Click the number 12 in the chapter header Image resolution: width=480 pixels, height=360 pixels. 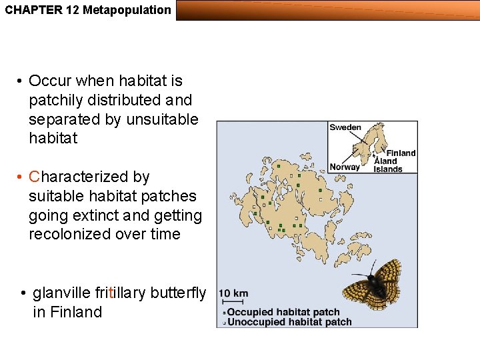click(x=73, y=10)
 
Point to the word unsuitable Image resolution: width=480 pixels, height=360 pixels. click(x=162, y=119)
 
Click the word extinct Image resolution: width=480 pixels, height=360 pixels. click(x=104, y=215)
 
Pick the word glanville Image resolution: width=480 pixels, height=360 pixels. click(x=61, y=293)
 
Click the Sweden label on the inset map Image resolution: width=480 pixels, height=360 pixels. click(x=345, y=127)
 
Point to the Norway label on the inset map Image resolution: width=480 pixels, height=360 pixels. click(x=345, y=167)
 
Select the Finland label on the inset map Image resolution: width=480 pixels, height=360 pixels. click(x=401, y=153)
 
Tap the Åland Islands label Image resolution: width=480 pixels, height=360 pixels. click(x=388, y=165)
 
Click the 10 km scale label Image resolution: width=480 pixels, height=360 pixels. click(x=233, y=293)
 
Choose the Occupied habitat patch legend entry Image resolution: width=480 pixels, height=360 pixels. click(x=283, y=312)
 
